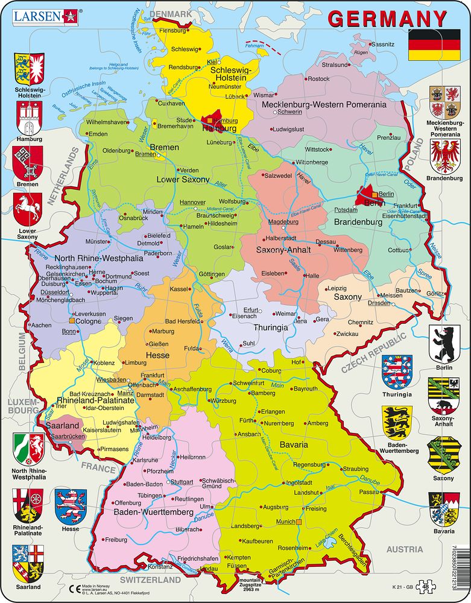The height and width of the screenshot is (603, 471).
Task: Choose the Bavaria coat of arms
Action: pos(444,509)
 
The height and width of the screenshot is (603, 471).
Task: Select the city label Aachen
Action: pos(41,325)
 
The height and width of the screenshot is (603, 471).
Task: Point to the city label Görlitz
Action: pos(434,293)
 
